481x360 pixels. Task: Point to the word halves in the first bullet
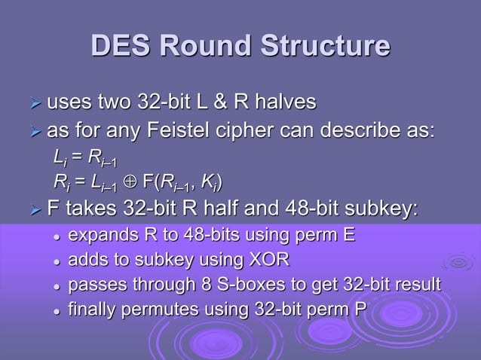point(283,102)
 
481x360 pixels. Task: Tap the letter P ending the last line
point(360,309)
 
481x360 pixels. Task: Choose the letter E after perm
point(348,236)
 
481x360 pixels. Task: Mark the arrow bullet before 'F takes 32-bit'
point(35,208)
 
